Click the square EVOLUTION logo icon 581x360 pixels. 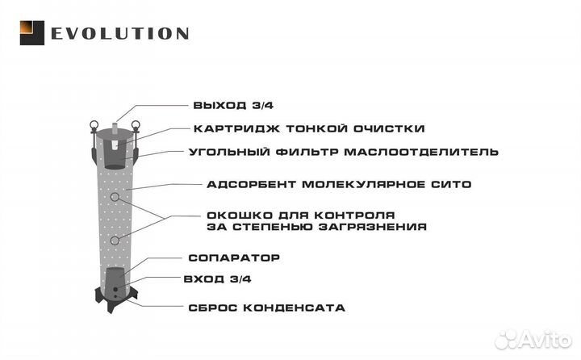pos(31,33)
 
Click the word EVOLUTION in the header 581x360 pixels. pos(120,34)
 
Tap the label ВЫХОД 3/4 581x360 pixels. pos(233,105)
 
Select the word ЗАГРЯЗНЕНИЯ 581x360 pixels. pos(373,227)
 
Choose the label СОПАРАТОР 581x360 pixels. pos(234,257)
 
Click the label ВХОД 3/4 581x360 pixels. pos(218,278)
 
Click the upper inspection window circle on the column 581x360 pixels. pos(115,197)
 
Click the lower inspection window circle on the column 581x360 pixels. pos(115,241)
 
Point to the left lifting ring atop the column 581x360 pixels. pos(94,125)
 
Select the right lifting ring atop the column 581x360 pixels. pos(136,125)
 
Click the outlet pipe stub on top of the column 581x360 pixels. pos(115,128)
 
